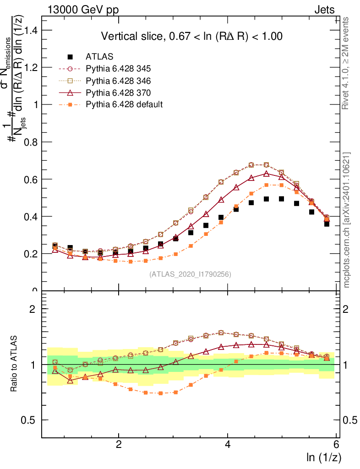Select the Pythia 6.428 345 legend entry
(118, 69)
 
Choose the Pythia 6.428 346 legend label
(118, 81)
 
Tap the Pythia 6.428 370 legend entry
(118, 93)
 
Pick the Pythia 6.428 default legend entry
(124, 104)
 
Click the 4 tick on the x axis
(228, 445)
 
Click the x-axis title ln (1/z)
(324, 457)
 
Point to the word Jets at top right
(324, 10)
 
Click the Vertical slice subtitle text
(191, 36)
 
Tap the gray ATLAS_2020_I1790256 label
(190, 274)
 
